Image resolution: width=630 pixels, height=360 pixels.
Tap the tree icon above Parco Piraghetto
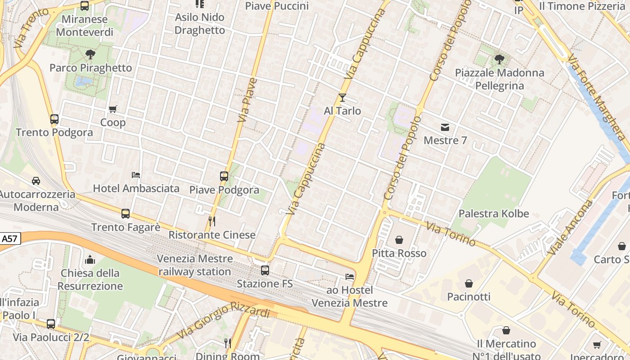click(x=90, y=55)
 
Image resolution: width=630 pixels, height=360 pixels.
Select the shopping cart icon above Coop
click(x=113, y=109)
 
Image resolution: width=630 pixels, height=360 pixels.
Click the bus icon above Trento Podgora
click(x=54, y=119)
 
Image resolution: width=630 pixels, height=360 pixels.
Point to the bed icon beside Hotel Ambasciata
click(x=136, y=175)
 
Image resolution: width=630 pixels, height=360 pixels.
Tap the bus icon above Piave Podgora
click(x=224, y=176)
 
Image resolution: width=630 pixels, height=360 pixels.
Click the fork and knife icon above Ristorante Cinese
click(x=212, y=221)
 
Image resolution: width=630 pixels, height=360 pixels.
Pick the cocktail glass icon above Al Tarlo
click(x=342, y=97)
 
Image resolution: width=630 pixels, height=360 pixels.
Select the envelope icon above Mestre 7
click(x=445, y=127)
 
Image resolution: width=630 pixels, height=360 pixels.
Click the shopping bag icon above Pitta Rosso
click(x=399, y=240)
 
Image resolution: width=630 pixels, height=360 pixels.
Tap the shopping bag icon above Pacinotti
click(x=469, y=283)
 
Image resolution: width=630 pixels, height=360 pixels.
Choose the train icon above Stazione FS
click(x=265, y=270)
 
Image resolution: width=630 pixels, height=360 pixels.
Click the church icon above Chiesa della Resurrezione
click(x=90, y=260)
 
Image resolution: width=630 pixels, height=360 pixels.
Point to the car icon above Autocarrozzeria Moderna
click(x=36, y=181)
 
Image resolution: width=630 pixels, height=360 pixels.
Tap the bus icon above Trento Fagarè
click(x=126, y=214)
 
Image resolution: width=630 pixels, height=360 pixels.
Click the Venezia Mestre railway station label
click(x=195, y=265)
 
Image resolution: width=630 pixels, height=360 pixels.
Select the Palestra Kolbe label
click(x=494, y=214)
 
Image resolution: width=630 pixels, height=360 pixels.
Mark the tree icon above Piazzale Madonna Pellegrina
click(x=499, y=59)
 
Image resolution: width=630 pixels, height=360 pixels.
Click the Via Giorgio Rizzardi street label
click(x=224, y=320)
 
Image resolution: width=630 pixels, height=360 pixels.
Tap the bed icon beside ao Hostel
click(x=350, y=277)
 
